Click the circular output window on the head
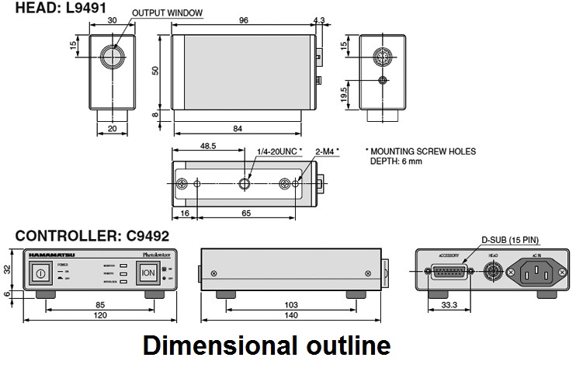(113, 56)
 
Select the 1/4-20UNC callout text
(279, 151)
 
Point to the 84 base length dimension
(242, 127)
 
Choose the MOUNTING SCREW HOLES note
(420, 151)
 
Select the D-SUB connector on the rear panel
(449, 272)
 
